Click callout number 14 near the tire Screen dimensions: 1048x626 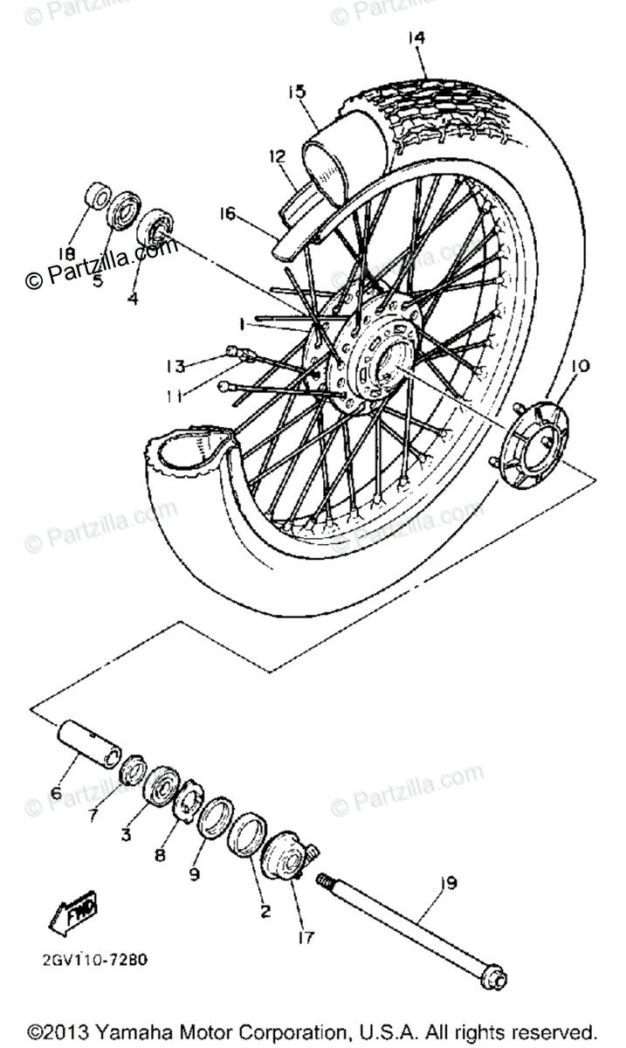[416, 38]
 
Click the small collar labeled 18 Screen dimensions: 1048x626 [95, 197]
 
